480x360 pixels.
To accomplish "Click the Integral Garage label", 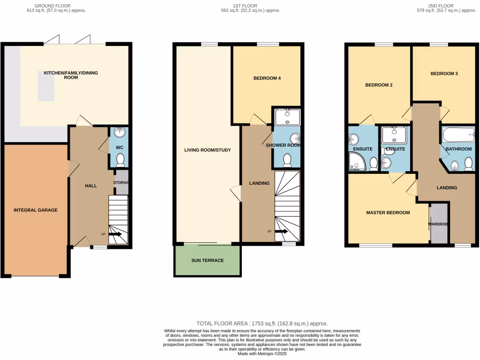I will pos(35,210).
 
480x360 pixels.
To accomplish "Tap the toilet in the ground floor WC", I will pos(120,160).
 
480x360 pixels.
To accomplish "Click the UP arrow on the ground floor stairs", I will pos(115,234).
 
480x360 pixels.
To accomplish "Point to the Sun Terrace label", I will pos(207,260).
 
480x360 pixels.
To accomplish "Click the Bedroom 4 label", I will pos(267,78).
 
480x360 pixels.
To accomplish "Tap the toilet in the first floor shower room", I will pos(287,160).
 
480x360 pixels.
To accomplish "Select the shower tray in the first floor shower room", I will pos(287,117).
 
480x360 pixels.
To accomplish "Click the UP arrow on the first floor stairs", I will pos(282,231).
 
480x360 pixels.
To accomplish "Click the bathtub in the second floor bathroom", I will pos(457,135).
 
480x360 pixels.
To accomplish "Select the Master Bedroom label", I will pos(388,212).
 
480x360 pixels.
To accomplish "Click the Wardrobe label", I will pos(439,224).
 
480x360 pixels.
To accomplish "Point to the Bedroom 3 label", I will pos(444,74).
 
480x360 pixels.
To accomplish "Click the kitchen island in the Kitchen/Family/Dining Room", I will pos(46,88).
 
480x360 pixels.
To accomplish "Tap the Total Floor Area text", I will pos(262,323).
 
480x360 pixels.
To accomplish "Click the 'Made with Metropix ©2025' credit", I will pos(262,354).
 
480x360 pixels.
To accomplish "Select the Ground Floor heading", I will pos(56,6).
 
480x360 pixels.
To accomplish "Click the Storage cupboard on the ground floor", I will pos(121,182).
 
